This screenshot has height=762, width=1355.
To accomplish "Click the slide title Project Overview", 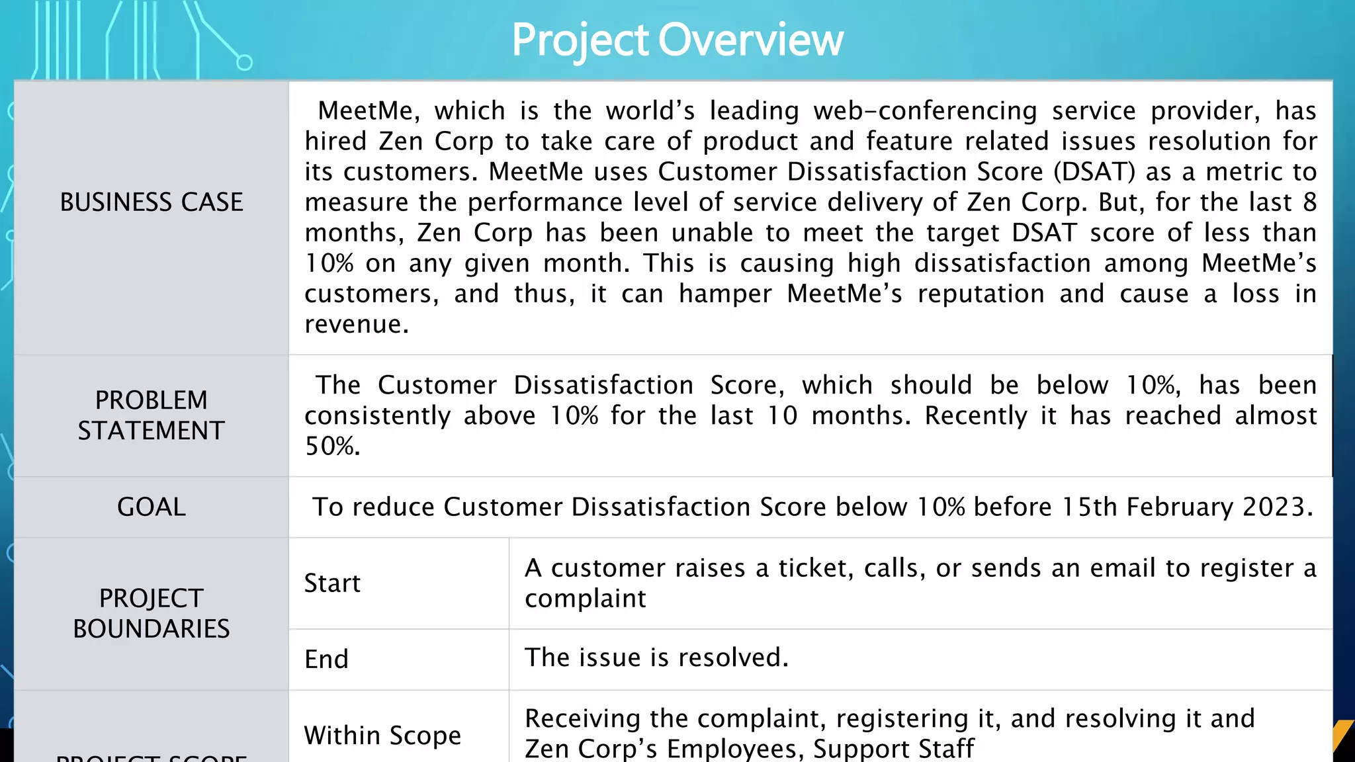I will [677, 40].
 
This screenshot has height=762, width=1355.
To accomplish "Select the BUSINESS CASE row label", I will [152, 202].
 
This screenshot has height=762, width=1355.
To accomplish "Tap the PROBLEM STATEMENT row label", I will [152, 415].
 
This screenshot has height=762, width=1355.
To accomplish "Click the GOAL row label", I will [152, 507].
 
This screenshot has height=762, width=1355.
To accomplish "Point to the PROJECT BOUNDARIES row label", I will [152, 613].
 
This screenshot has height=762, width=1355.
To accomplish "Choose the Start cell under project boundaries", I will [332, 583].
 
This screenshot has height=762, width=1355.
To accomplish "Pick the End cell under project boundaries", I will [326, 659].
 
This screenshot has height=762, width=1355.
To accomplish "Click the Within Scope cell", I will [382, 736].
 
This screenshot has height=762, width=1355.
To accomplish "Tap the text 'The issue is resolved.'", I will [656, 657].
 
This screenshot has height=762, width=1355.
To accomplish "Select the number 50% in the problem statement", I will [332, 446].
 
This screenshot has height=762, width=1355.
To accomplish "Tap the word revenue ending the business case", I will [356, 324].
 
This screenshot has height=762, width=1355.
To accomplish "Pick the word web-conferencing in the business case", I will [925, 111].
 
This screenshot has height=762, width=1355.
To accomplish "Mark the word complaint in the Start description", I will [585, 599].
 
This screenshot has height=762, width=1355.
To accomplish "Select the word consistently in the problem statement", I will [377, 416].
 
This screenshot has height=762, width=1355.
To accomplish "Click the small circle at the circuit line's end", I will [244, 63].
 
